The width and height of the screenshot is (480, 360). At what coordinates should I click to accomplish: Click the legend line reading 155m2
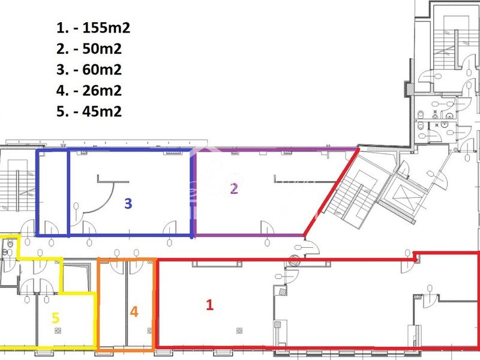[94, 28]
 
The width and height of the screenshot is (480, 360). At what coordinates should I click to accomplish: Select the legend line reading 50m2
[89, 49]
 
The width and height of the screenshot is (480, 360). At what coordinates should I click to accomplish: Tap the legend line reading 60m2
[89, 70]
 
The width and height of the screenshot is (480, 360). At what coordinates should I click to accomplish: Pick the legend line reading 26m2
[89, 91]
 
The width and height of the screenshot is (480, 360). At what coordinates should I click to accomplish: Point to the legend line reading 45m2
[89, 111]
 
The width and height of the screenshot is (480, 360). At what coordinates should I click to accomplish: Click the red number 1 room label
[209, 305]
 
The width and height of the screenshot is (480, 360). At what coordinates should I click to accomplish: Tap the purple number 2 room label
[234, 188]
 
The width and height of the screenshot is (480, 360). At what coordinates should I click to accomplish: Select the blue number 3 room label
[128, 203]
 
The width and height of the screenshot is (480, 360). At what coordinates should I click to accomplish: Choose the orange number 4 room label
[134, 311]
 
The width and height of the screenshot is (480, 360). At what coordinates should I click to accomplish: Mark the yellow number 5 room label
[55, 318]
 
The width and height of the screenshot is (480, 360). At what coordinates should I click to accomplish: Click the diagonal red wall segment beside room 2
[331, 192]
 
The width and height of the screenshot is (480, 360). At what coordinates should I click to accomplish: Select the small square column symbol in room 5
[58, 331]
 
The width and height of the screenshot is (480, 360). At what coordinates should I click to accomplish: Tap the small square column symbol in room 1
[239, 331]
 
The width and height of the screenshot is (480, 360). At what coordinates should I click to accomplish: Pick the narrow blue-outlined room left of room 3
[52, 193]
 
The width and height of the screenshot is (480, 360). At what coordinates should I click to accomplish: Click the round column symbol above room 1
[294, 260]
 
